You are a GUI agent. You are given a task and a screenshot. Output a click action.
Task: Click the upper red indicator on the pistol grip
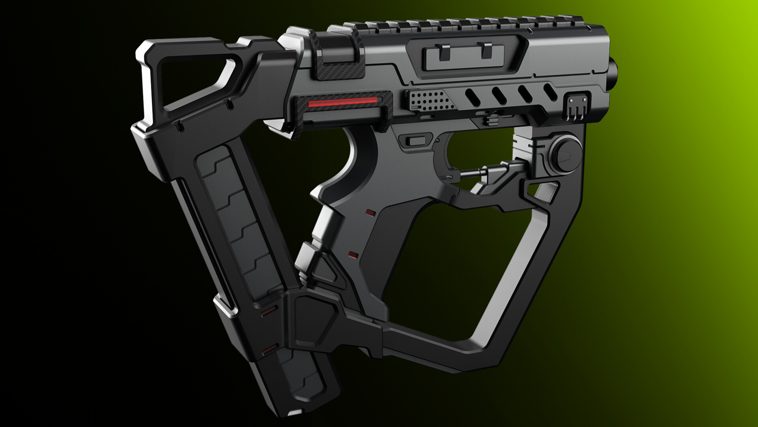pos(370,213)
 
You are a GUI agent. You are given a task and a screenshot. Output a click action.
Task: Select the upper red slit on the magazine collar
pos(268,310)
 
